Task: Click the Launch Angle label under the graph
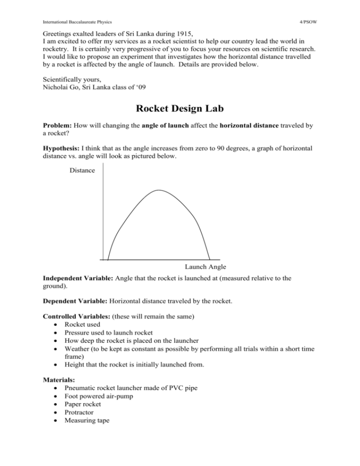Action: [x=205, y=267]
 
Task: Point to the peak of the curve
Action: [x=159, y=190]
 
